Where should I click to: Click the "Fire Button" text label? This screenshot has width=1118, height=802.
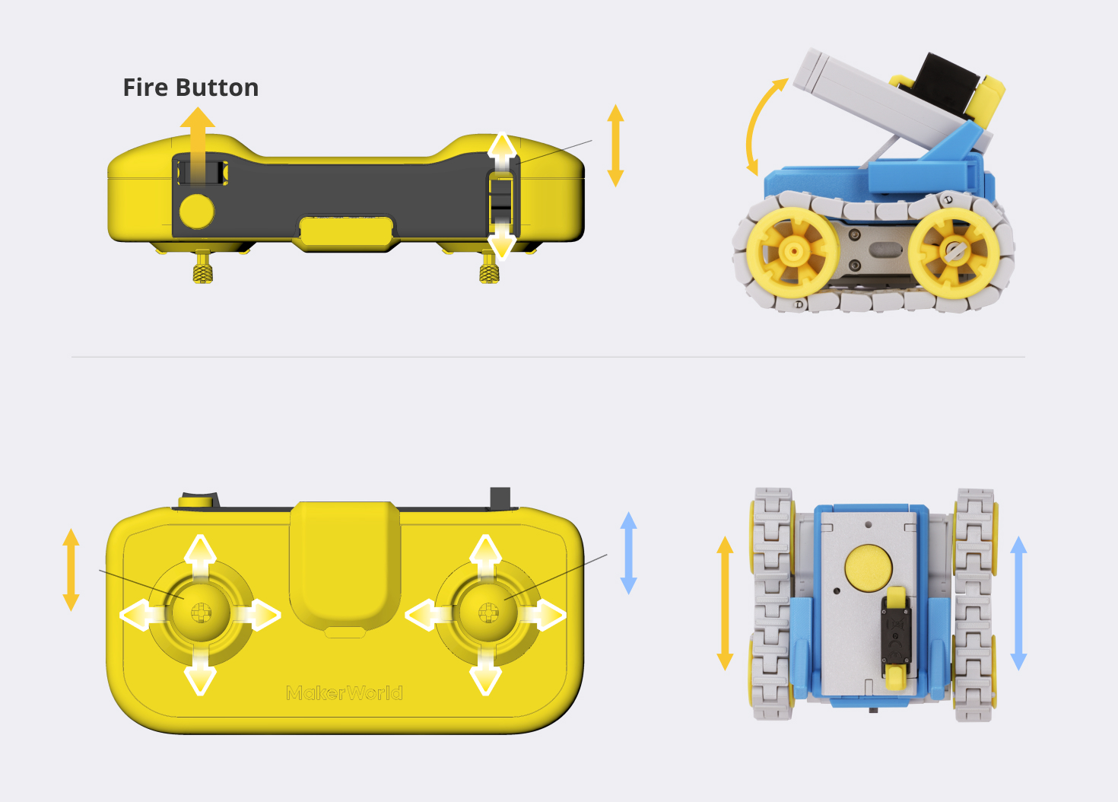click(x=191, y=88)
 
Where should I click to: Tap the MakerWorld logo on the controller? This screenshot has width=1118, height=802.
click(x=345, y=692)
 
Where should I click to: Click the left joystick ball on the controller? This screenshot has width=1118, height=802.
click(x=200, y=610)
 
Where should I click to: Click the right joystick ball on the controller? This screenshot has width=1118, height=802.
click(x=488, y=610)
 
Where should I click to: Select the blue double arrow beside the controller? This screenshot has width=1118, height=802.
click(x=628, y=553)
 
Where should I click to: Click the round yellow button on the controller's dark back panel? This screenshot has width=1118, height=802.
click(x=196, y=211)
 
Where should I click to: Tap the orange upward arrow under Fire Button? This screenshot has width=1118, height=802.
click(x=197, y=137)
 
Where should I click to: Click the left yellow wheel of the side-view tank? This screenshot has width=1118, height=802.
click(x=792, y=251)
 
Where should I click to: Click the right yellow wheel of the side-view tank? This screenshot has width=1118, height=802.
click(x=954, y=251)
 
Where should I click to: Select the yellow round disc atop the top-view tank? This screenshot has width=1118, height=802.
click(x=868, y=568)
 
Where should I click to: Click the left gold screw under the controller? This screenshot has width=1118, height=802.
click(x=202, y=268)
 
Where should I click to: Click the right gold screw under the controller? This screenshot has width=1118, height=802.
click(x=489, y=268)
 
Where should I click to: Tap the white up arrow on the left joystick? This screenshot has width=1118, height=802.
click(x=200, y=554)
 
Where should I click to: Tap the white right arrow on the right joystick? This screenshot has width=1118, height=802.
click(x=545, y=614)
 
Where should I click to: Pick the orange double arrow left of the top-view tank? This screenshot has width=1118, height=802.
click(x=725, y=603)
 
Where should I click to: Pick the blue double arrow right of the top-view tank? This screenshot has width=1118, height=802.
click(x=1018, y=603)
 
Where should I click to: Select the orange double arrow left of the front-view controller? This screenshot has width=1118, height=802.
click(x=71, y=569)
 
